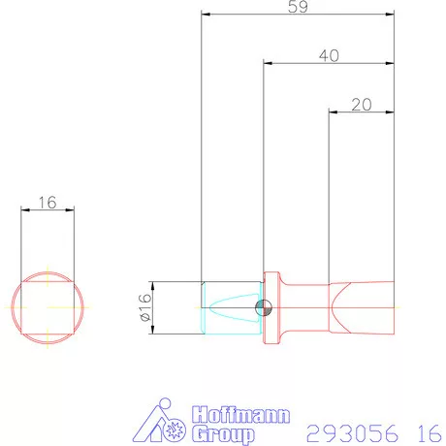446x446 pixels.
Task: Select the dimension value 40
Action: [329, 56]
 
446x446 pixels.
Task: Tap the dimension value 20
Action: [362, 105]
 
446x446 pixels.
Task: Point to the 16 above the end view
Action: [47, 203]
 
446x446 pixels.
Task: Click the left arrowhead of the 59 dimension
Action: [205, 14]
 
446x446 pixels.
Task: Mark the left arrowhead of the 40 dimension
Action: [269, 63]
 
